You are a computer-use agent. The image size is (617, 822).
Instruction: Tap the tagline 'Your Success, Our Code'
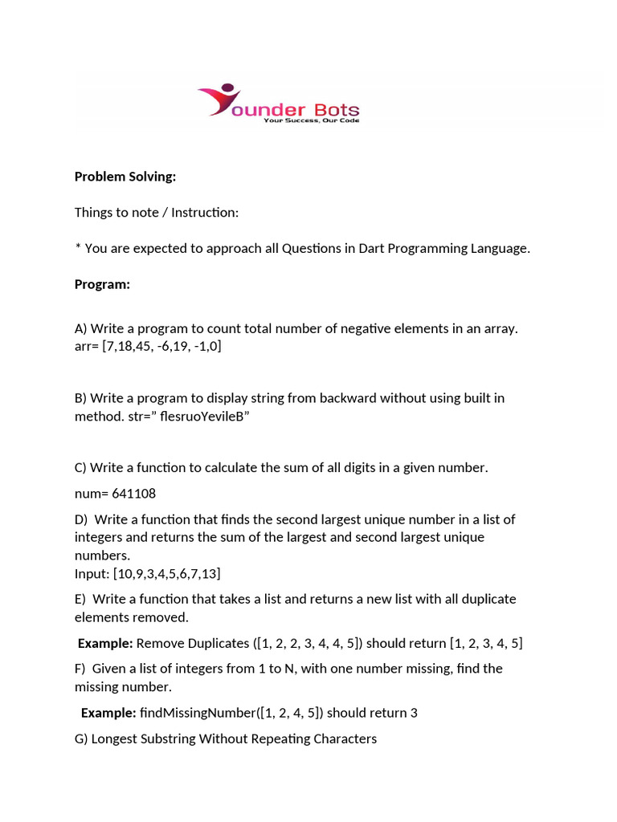tap(311, 120)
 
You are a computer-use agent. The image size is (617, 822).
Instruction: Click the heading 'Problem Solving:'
tap(125, 177)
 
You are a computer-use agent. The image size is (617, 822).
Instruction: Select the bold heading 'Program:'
tap(102, 284)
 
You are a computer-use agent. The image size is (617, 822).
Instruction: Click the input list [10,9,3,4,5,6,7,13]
tap(166, 573)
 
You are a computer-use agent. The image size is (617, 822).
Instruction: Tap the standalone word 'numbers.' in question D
tap(102, 555)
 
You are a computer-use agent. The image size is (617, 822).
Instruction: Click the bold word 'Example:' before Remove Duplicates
tap(105, 643)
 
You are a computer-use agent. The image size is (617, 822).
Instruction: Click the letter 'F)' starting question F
tap(80, 669)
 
